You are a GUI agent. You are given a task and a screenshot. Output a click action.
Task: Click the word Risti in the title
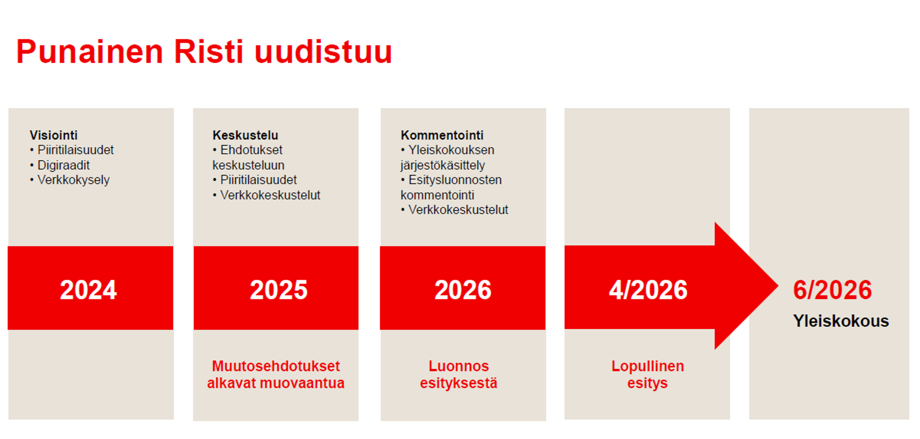point(208,52)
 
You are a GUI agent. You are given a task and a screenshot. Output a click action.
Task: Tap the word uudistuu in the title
point(323,52)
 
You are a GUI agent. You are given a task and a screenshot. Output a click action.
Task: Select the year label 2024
point(88,290)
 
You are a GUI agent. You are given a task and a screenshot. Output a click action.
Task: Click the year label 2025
point(278,290)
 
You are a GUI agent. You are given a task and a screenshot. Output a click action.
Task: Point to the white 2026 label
point(463,290)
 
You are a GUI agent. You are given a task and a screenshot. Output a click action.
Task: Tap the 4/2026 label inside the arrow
point(648,290)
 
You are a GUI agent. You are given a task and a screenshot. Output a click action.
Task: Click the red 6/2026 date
point(832,290)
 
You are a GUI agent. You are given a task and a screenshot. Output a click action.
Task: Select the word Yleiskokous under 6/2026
point(840,321)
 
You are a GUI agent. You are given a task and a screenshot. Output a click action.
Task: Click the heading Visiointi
point(54,135)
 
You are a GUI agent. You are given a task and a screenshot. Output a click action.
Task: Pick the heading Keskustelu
point(245,135)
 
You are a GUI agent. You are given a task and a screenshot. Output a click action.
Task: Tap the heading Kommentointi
point(442,135)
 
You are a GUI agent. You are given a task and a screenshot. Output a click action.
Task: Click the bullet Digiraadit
point(63,165)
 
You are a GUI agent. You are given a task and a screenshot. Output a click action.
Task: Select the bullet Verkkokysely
point(73,180)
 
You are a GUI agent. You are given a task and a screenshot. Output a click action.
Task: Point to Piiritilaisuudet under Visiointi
point(75,150)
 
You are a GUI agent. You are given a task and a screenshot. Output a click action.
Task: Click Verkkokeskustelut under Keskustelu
point(270,195)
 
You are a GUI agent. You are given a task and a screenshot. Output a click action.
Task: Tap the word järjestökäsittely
point(443,165)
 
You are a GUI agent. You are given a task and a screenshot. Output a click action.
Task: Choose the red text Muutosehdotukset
point(276,366)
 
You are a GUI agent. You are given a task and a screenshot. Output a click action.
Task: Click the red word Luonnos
point(459,366)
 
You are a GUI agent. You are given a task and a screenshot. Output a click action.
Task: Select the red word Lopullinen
point(647,366)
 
